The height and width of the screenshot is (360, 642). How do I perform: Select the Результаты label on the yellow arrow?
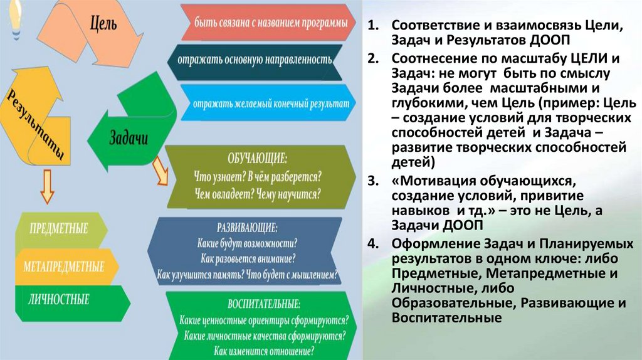36,125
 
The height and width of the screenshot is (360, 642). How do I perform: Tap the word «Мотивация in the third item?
431,181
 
